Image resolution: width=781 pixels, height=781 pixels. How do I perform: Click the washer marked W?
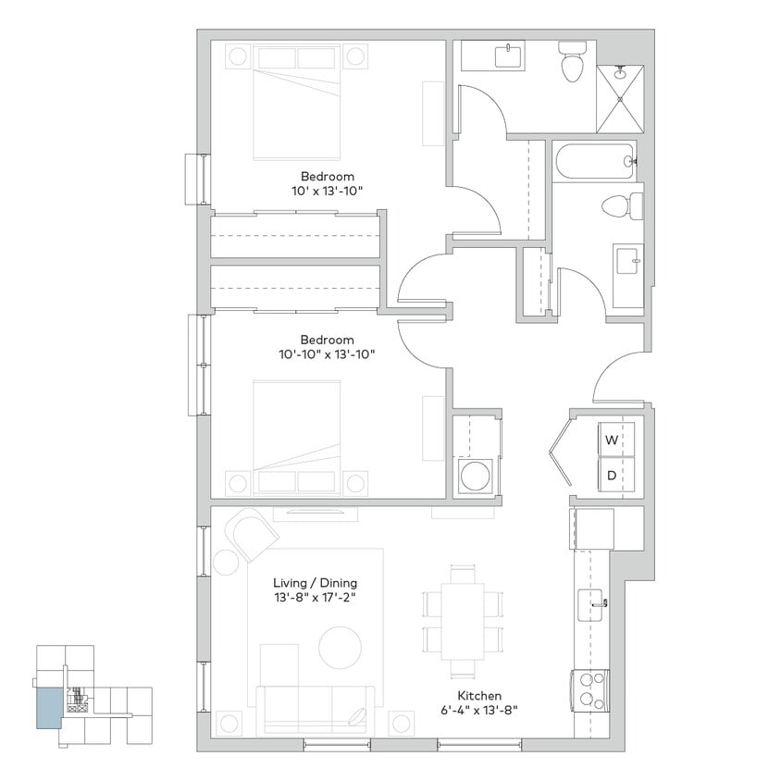pyautogui.click(x=612, y=440)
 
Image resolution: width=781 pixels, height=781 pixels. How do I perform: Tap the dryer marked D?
pyautogui.click(x=612, y=477)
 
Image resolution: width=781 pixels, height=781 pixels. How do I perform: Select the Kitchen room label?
pyautogui.click(x=478, y=696)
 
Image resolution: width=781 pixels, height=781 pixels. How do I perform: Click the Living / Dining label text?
pyautogui.click(x=315, y=583)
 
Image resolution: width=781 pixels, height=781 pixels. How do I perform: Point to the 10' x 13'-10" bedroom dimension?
pyautogui.click(x=327, y=191)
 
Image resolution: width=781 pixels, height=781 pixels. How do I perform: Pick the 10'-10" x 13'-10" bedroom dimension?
pyautogui.click(x=328, y=353)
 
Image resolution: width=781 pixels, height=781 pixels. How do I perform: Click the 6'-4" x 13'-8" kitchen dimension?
pyautogui.click(x=478, y=711)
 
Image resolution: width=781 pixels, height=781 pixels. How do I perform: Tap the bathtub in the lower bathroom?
pyautogui.click(x=595, y=162)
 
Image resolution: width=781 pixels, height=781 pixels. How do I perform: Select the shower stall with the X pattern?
pyautogui.click(x=620, y=99)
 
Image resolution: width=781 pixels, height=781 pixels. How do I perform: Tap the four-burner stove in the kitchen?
pyautogui.click(x=590, y=690)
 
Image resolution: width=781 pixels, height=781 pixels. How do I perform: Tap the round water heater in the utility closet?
pyautogui.click(x=476, y=477)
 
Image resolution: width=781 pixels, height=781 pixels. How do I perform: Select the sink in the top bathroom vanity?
pyautogui.click(x=508, y=56)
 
